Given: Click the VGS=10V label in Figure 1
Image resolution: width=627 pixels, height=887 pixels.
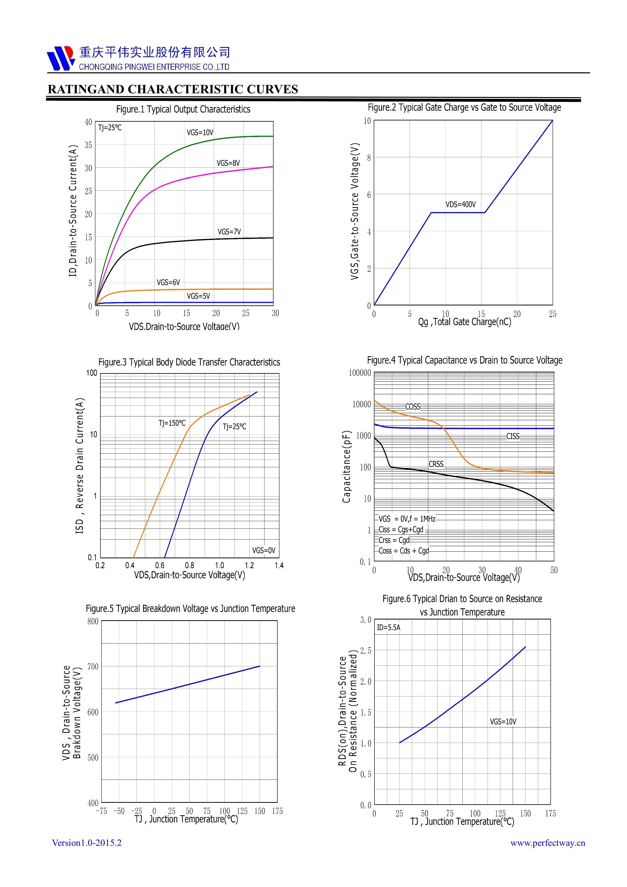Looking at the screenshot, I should click(200, 132).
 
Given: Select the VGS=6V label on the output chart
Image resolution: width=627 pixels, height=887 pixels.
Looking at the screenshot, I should click(168, 282).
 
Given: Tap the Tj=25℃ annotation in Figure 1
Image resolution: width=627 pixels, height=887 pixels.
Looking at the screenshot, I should click(110, 127).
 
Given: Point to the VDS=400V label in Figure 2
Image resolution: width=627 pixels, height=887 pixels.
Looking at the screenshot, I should click(460, 204).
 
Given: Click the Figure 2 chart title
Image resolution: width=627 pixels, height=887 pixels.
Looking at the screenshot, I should click(464, 107).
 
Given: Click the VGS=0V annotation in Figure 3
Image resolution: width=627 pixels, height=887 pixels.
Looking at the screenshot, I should click(263, 550).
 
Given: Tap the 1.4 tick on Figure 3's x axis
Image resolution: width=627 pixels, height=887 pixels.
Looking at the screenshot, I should click(279, 566).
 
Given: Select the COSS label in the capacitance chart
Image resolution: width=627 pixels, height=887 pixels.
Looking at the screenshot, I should click(413, 407).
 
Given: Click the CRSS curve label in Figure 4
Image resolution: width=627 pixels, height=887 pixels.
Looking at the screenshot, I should click(436, 464).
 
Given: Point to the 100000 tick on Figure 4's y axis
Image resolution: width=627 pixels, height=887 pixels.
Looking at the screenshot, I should click(360, 373).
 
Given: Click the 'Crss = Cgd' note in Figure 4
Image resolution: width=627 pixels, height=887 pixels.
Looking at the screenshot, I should click(394, 540).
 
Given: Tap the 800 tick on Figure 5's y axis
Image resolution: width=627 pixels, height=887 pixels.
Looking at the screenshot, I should click(93, 621).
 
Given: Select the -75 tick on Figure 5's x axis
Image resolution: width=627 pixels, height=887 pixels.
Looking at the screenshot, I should click(101, 811).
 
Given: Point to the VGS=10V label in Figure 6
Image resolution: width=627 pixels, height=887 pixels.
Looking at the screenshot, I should click(503, 721).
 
